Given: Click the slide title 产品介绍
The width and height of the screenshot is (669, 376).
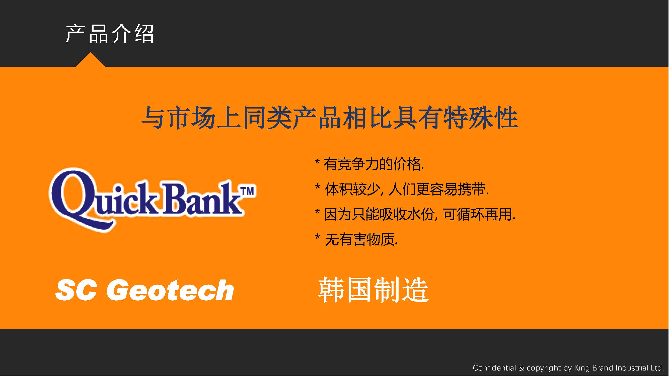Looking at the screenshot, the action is (x=110, y=34).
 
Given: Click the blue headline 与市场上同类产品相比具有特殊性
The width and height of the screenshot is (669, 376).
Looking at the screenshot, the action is (x=330, y=118).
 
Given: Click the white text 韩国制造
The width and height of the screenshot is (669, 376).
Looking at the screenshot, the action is (x=374, y=290).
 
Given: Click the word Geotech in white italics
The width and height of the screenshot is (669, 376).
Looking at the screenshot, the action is (x=170, y=290).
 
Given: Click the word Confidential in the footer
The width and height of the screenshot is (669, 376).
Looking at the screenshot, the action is (x=494, y=368).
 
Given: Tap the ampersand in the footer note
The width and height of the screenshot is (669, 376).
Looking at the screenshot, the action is (x=521, y=368).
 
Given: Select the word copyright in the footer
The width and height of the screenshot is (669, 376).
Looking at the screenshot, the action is (x=544, y=368).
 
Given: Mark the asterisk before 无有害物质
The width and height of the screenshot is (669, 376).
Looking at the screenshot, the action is (x=317, y=237).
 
